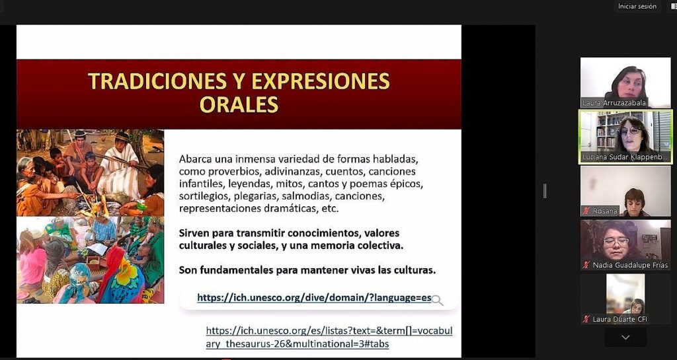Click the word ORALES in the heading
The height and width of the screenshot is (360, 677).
pos(239,104)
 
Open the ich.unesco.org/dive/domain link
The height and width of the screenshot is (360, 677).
pos(313,298)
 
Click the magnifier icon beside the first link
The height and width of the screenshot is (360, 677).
pos(437,301)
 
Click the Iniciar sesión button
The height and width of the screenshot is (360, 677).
pos(637,6)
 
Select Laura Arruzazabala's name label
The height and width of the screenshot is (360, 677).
pos(614,103)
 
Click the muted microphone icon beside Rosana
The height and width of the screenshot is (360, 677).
pos(586,211)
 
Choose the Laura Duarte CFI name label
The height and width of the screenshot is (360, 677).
pos(619,320)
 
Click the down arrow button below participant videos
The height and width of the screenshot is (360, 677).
pos(625,338)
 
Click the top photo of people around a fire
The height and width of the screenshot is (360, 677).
pos(90,172)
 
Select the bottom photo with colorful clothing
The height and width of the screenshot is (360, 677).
pos(90,260)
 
